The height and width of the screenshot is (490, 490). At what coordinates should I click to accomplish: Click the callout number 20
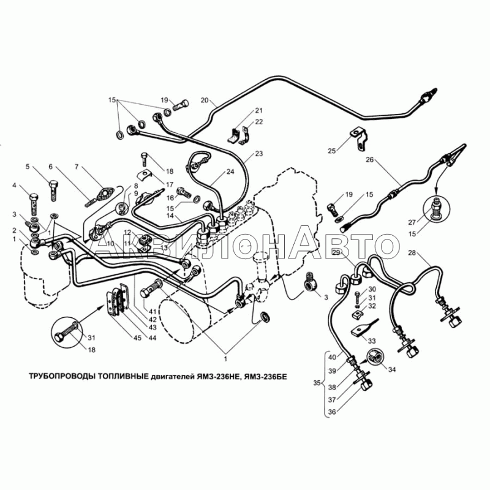point(205,100)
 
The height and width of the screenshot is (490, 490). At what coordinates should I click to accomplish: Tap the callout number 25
point(331,151)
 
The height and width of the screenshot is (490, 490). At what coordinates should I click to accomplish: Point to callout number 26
point(370,160)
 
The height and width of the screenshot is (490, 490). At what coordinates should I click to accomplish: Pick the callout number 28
point(412,252)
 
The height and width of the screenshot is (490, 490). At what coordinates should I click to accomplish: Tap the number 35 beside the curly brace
point(317,383)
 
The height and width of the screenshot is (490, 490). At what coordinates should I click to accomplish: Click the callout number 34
point(392,369)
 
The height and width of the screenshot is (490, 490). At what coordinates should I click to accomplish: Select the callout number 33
point(372,341)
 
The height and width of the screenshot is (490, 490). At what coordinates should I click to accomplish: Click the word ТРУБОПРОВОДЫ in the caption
point(62,376)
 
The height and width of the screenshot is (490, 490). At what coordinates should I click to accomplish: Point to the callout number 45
point(137,338)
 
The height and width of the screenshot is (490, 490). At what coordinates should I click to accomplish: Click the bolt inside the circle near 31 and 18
point(66,333)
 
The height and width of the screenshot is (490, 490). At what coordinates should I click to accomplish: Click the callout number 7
point(77,167)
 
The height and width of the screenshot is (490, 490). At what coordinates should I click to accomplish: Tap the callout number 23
point(258,154)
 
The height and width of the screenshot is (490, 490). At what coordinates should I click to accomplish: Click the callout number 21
point(258,110)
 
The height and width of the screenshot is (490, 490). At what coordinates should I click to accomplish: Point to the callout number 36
point(332,412)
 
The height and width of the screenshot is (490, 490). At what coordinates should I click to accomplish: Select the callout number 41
point(152,311)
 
